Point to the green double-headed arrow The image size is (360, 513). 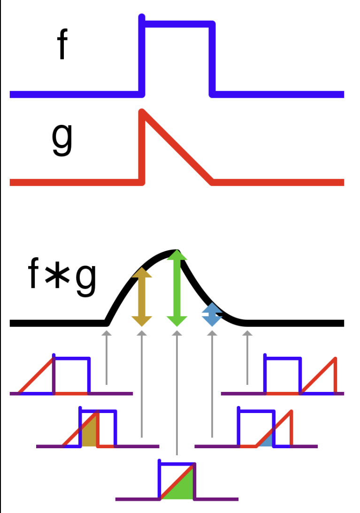click(177, 288)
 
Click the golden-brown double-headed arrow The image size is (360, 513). click(142, 297)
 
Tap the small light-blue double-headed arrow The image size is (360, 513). click(212, 314)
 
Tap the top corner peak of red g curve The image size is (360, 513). click(142, 112)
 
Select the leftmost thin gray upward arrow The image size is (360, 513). click(107, 357)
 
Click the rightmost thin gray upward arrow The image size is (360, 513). click(247, 357)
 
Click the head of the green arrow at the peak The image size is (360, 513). click(177, 255)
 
